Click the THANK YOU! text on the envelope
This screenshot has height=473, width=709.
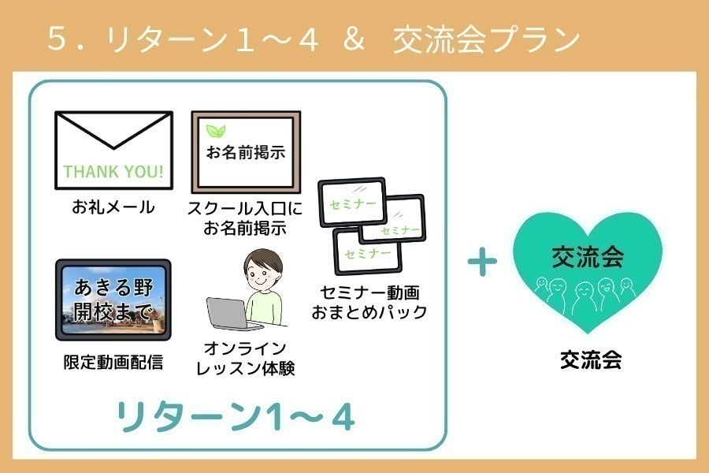pos(113,172)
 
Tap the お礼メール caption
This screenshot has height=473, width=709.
pos(113,207)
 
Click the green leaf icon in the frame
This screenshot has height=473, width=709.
pos(216,131)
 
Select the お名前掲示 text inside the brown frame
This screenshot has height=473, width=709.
pos(246,152)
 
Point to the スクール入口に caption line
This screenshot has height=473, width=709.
pos(245,208)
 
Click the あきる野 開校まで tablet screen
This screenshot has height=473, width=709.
pos(113,300)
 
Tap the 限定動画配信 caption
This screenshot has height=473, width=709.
pos(113,362)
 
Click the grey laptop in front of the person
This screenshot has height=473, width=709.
pos(231,313)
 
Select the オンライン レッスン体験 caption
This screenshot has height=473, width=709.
pos(246,358)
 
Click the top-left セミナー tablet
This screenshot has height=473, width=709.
pos(353,203)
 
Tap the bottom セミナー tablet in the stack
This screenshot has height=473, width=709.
pos(368,251)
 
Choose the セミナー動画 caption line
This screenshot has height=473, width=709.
pos(370,292)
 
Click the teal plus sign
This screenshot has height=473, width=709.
pos(482,262)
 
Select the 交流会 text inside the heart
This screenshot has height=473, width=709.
pos(588,257)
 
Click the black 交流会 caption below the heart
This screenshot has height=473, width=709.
pos(591,360)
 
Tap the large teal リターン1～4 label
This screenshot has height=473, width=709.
pos(236,416)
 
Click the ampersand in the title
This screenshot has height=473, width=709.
pos(354,39)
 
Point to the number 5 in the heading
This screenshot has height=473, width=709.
pos(58,39)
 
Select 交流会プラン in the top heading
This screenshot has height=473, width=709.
pos(487,39)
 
